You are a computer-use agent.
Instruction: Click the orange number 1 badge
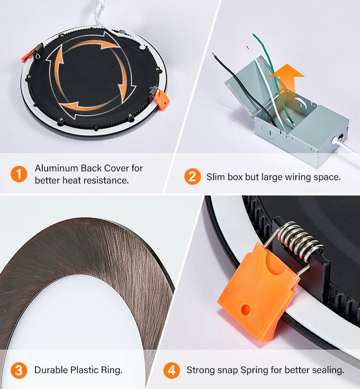point(19,174)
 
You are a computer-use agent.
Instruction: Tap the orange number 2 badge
point(193,177)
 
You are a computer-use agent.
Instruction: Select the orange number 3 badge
point(19,371)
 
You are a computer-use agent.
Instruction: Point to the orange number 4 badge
point(172,371)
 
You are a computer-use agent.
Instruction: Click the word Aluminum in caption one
point(56,168)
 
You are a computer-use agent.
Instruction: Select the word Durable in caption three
point(51,370)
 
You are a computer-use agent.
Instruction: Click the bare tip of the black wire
point(213,54)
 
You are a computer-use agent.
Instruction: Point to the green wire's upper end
point(253,35)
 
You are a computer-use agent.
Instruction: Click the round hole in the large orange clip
point(246,309)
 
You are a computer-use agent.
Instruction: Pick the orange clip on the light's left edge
point(27,56)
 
